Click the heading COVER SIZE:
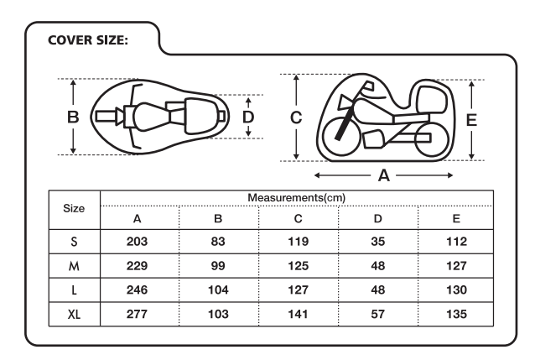coord(88,40)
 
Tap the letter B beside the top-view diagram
coord(73,117)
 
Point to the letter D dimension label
coord(248,117)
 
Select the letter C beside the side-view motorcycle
coord(296,117)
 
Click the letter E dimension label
coord(471,120)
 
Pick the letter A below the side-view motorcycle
coord(384,175)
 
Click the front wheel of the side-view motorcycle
coord(341,136)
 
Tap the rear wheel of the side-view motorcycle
coord(432,139)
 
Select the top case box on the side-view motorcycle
coord(432,100)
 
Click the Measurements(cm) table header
coord(297,198)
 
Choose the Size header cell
coord(74,208)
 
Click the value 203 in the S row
coord(137,242)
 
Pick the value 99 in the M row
coord(218,266)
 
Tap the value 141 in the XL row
coord(299,314)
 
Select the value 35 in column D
coord(378,242)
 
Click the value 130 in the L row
coord(456,290)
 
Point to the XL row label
coord(74,314)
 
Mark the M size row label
coord(74,266)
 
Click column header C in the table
coord(299,218)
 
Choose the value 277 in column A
coord(137,314)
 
